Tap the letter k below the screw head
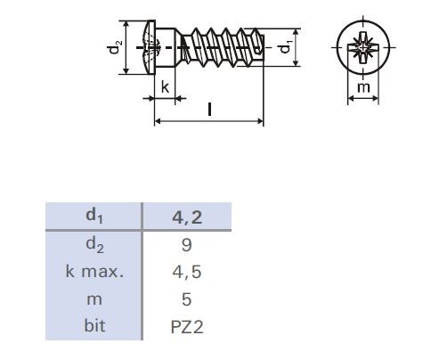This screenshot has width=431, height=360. coord(165,86)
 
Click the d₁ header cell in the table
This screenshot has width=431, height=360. coord(93,217)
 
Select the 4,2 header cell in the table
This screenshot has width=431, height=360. coord(187,217)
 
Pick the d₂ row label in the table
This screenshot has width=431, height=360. coord(93,242)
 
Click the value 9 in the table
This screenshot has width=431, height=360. coord(187,242)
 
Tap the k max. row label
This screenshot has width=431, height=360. coord(93,270)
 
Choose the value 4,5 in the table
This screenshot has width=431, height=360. coord(187,270)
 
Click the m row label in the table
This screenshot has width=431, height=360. coord(93,298)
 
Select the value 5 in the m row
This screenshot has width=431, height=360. coord(187,298)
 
